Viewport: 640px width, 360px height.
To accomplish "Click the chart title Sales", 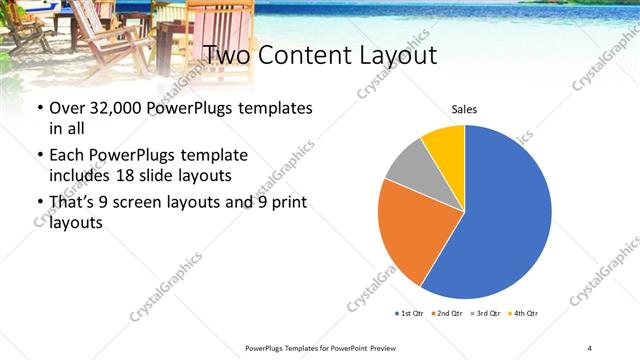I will pyautogui.click(x=464, y=108).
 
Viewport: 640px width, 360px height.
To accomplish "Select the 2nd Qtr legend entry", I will pyautogui.click(x=448, y=314).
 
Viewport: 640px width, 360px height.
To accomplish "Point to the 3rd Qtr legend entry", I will pyautogui.click(x=487, y=314).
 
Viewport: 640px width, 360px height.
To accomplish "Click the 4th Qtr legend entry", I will pyautogui.click(x=525, y=314).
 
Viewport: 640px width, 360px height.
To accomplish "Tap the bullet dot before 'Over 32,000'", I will pyautogui.click(x=39, y=108).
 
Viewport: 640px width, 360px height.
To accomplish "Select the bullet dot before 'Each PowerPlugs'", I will pyautogui.click(x=39, y=156).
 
